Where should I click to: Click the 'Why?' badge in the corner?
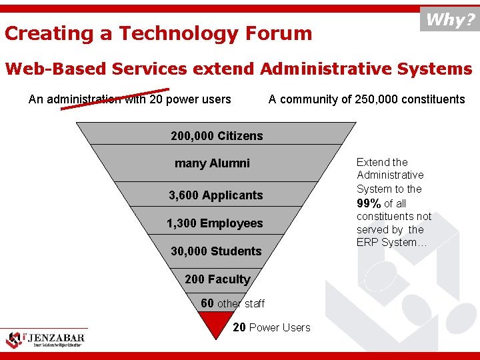450,19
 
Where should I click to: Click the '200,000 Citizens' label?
217,136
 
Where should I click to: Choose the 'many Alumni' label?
212,163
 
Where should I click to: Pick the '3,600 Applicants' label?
215,195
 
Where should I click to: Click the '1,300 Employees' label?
215,223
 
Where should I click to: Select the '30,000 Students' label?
216,251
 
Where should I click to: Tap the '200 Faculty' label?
217,279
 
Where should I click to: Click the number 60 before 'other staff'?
207,303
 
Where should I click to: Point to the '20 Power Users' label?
271,327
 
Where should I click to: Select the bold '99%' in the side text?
369,203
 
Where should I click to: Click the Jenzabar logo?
46,339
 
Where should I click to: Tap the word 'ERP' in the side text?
367,242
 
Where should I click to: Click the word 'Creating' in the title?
49,33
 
